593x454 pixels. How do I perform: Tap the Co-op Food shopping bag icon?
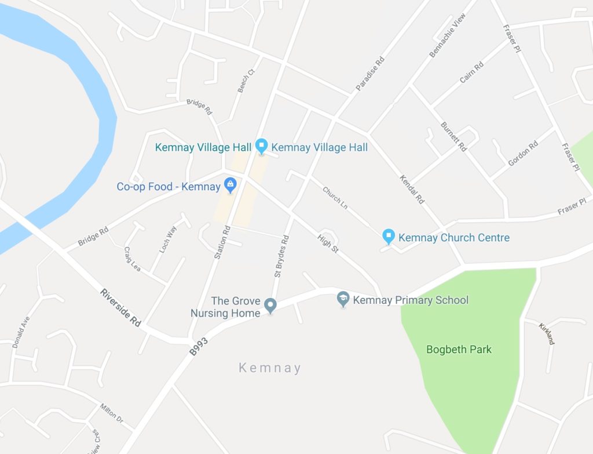coord(230,186)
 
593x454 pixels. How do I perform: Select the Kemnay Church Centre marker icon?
coord(389,236)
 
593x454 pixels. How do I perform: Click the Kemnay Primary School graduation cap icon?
coord(343,299)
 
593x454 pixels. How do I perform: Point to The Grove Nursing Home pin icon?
coord(270,304)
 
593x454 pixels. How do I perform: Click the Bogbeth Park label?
coord(459,350)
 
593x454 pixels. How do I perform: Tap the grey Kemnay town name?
coord(270,368)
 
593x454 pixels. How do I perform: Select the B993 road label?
coord(198,346)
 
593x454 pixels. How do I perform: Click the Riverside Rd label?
coord(120,308)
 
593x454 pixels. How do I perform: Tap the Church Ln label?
coord(335,198)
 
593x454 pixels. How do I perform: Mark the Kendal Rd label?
coord(412,190)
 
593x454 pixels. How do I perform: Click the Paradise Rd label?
coord(370,74)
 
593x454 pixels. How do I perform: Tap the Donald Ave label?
coord(21,332)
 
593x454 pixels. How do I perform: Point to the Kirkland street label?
coord(547,333)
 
